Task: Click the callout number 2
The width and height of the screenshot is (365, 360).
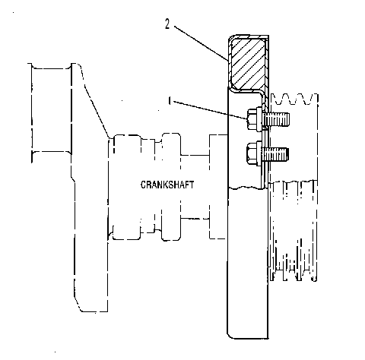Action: coord(167,24)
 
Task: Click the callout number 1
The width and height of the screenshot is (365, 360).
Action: coord(170,101)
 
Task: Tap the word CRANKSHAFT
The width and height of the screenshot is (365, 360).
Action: coord(167,185)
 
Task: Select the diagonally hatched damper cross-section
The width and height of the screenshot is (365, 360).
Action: coord(248,64)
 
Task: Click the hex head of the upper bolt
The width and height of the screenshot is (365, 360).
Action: coord(252,119)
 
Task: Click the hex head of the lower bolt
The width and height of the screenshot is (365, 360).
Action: coord(252,153)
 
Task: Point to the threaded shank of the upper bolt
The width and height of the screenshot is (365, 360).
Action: coord(277,119)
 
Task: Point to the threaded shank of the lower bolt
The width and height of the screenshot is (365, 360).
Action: coord(275,154)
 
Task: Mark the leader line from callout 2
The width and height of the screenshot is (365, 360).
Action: coord(201,43)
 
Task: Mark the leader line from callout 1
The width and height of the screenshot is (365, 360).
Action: coord(210,109)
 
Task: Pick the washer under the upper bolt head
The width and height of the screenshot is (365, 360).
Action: coord(259,119)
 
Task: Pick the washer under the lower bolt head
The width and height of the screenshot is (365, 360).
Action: coord(259,153)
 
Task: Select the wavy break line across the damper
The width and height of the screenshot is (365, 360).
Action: coord(247,188)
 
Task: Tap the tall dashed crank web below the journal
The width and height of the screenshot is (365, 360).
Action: coord(90,226)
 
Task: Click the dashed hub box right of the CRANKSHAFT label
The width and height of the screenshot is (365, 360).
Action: coord(217,187)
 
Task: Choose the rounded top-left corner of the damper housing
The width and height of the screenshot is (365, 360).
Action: coord(231,38)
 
